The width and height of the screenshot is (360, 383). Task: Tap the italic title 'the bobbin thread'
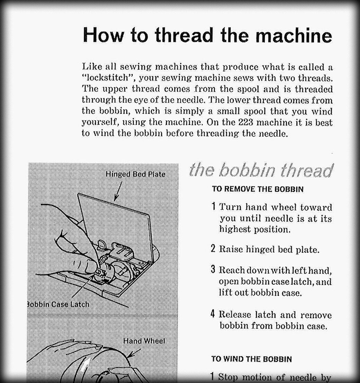pos(261,170)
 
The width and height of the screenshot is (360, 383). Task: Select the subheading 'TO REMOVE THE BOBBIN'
pos(258,189)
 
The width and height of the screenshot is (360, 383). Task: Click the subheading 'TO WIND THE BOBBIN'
pos(252,359)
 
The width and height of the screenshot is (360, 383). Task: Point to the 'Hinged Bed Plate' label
pos(135,174)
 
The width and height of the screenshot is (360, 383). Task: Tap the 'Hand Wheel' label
pos(144,341)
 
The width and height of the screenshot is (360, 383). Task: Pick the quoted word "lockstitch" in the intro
pos(108,78)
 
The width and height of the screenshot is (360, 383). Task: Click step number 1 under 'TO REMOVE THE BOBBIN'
pos(214,207)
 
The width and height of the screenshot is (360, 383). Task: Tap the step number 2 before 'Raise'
pos(213,249)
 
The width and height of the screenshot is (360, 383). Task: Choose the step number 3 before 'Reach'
pos(213,270)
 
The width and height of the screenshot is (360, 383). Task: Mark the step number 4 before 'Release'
pos(213,314)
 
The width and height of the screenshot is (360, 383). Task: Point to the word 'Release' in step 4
pos(235,314)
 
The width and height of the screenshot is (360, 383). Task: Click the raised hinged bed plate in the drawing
pos(114,215)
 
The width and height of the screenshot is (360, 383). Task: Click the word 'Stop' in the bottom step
pos(228,377)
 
